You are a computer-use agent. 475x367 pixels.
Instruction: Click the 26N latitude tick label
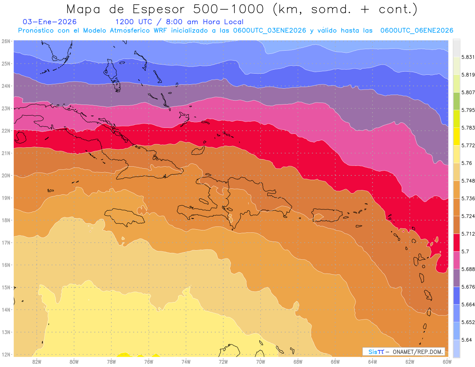6,41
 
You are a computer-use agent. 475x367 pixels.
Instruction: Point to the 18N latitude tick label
6,220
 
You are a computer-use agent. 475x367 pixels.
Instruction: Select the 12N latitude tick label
6,354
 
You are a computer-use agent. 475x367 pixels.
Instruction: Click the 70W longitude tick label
260,361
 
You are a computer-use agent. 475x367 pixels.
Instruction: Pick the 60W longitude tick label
447,361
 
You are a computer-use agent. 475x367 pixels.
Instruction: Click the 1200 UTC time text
133,22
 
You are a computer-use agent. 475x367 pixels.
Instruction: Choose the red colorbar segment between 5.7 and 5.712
456,242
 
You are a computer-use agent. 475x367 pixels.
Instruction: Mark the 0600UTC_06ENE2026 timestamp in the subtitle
416,30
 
